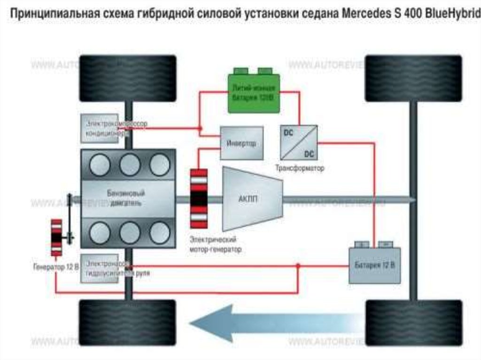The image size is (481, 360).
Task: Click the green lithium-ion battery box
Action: (254, 92)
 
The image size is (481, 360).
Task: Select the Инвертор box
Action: (241, 143)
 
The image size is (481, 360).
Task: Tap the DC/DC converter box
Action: (298, 142)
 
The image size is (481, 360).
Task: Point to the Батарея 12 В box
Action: (374, 265)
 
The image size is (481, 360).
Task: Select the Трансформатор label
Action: (300, 168)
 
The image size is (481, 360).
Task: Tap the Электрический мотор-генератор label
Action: (215, 245)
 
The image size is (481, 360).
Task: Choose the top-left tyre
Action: (128, 78)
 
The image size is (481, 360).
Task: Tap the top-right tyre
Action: (413, 78)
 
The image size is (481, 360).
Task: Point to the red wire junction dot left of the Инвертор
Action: (200, 128)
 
